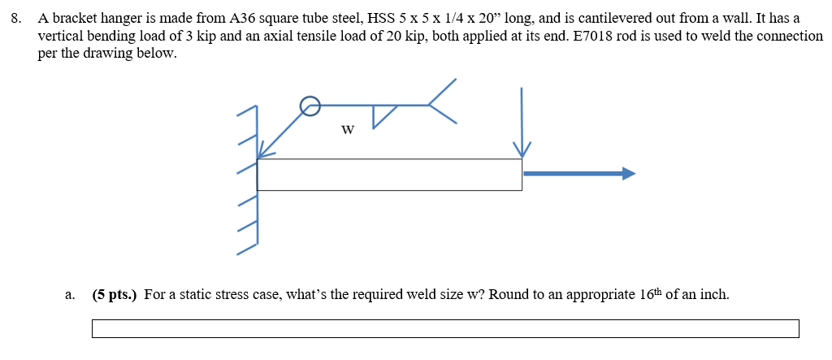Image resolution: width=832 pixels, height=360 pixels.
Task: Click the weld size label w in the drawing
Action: (347, 129)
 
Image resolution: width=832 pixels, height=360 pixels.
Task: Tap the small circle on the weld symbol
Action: (309, 104)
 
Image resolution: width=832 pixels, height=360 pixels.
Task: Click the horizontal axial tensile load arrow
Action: (578, 173)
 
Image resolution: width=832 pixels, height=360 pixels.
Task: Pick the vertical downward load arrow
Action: (521, 122)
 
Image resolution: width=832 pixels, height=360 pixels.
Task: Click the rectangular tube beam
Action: (389, 175)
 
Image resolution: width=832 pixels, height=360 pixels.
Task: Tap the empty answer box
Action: (444, 328)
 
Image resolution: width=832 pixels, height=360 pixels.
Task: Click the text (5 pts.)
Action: (115, 294)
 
